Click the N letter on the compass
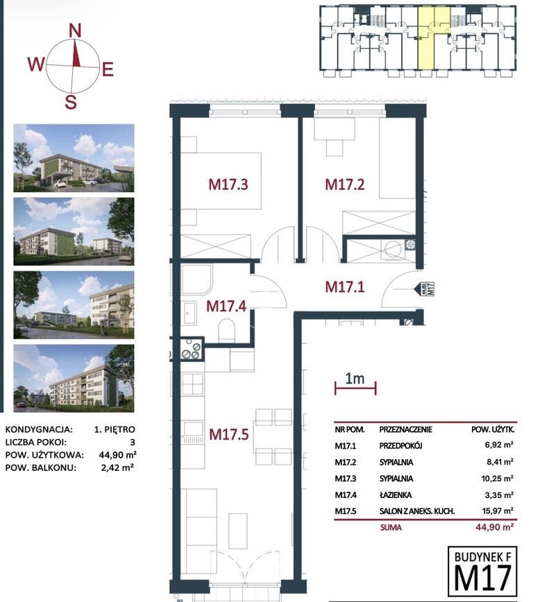pos(76,31)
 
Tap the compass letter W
pos(37,64)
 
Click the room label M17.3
pos(228,184)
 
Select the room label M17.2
pos(345,184)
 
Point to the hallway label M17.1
pos(345,287)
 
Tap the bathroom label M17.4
pos(226,306)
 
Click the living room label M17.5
pos(229,434)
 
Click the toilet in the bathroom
pos(226,331)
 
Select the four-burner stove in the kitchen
pos(191,348)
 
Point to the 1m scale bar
pos(355,388)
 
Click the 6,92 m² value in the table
pos(499,445)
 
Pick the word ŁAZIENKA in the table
pos(396,495)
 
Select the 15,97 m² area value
pos(498,511)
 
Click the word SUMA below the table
pos(391,528)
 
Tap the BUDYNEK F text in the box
pos(482,557)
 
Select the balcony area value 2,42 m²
pos(117,467)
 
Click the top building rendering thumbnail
pos(74,158)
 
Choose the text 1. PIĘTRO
pos(115,429)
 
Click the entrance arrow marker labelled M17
pos(424,289)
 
